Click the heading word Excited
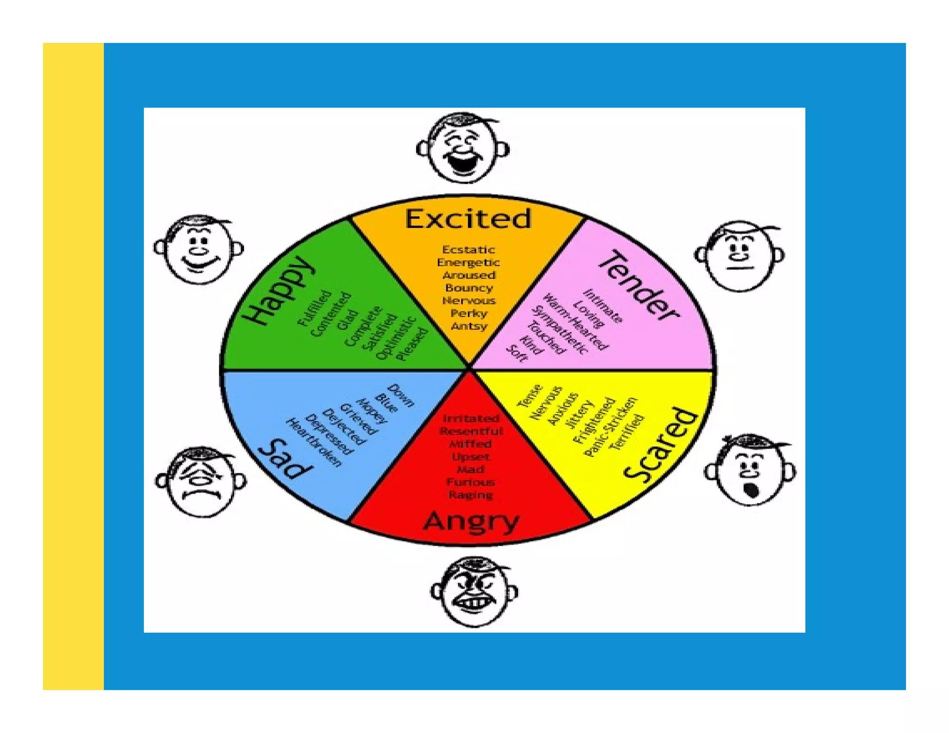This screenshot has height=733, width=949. tap(468, 219)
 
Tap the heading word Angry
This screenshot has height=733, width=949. tap(471, 521)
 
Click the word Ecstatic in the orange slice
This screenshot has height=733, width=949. tap(468, 250)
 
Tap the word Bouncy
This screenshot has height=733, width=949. tap(468, 288)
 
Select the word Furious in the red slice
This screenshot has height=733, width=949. tap(470, 482)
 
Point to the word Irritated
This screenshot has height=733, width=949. tap(471, 418)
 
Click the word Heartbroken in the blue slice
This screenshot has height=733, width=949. tap(314, 442)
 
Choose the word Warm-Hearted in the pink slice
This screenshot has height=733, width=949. tap(575, 322)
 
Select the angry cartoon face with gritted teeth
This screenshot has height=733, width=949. tap(474, 592)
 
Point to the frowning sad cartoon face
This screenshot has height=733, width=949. tap(201, 482)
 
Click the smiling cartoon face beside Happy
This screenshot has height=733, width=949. tap(198, 249)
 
